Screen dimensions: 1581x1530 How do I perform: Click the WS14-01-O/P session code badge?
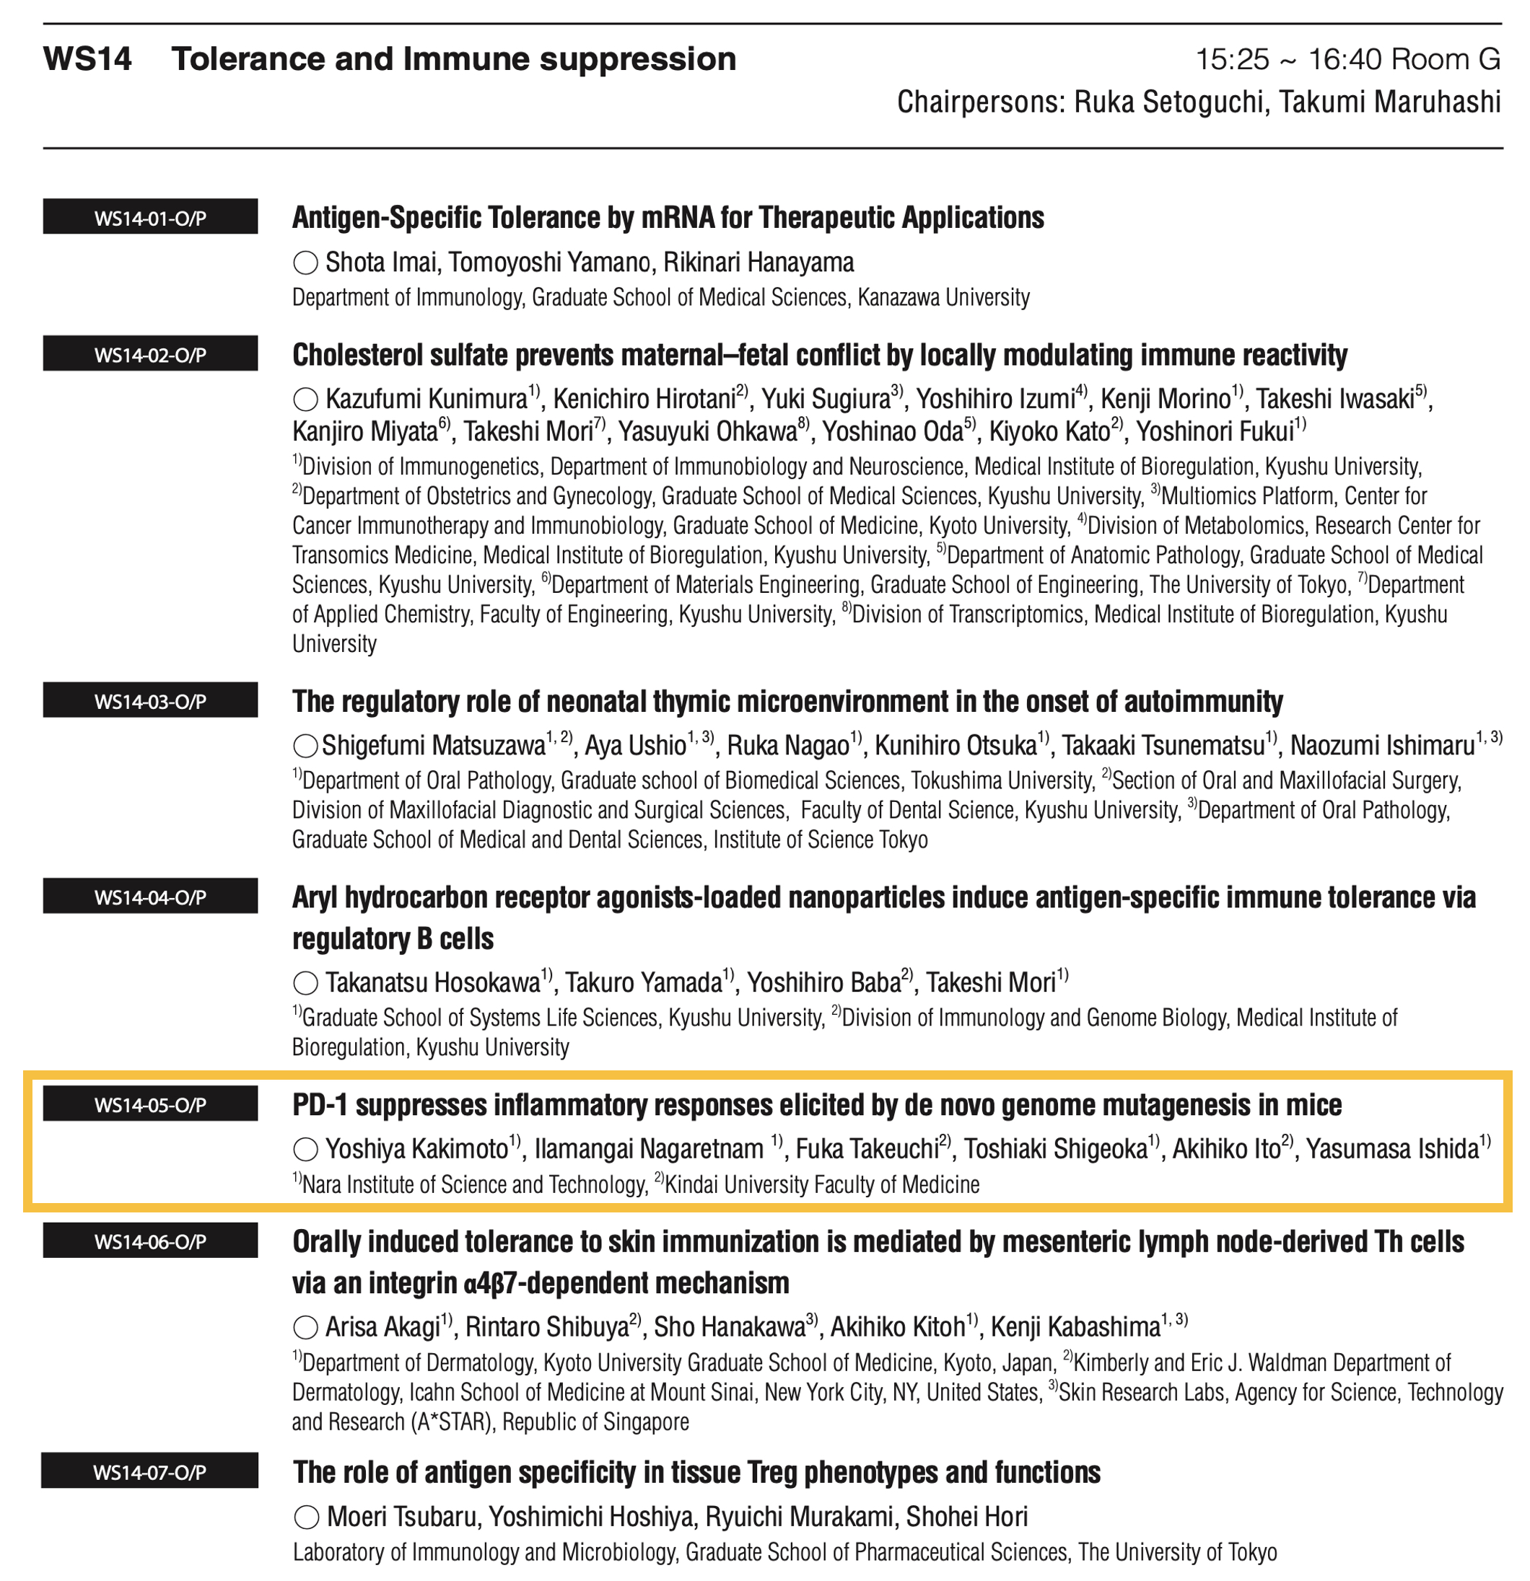click(x=150, y=217)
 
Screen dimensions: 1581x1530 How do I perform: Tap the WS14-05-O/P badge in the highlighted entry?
click(x=150, y=1104)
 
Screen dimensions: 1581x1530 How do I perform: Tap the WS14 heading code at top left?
click(x=87, y=60)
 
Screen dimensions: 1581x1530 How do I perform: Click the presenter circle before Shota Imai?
click(x=305, y=263)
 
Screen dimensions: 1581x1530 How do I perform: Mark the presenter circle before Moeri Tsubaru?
click(x=306, y=1518)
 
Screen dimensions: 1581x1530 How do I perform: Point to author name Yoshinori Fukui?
click(x=1215, y=432)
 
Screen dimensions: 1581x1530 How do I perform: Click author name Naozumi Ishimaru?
click(x=1382, y=745)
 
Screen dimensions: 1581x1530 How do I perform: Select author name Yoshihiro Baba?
click(x=823, y=982)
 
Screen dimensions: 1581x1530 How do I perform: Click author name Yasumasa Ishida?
click(x=1392, y=1149)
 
